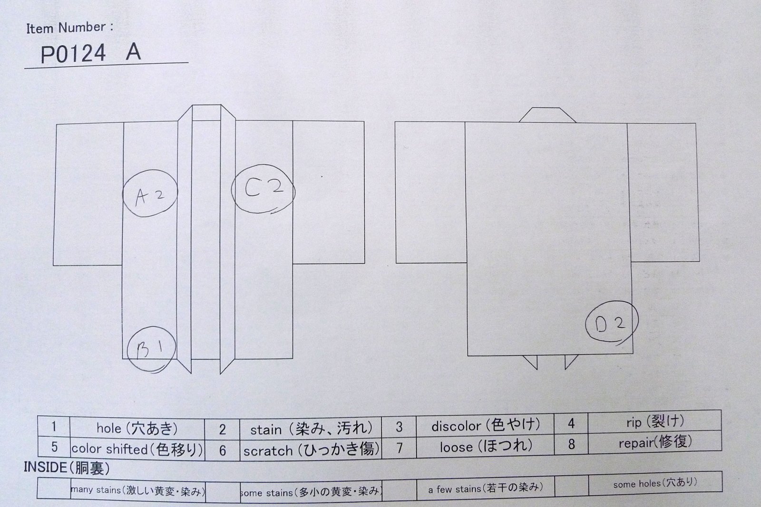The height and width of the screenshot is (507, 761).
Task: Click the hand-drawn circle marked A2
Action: [123, 193]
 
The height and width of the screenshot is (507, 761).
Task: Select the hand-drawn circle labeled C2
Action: [231, 189]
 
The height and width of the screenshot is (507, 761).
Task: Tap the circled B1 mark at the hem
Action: [128, 350]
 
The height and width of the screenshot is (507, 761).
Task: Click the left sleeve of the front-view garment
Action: [88, 194]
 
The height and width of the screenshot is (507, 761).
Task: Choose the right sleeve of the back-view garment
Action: [663, 192]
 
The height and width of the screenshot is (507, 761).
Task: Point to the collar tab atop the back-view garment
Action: [547, 115]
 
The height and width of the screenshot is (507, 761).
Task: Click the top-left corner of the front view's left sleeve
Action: [57, 124]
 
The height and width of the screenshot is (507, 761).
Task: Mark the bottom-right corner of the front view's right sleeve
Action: [364, 263]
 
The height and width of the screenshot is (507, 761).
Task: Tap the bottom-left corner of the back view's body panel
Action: [468, 355]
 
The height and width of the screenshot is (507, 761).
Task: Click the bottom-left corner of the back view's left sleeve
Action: [396, 263]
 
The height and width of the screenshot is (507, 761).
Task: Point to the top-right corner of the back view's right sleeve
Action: [696, 124]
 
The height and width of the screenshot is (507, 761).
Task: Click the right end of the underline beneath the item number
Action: [188, 62]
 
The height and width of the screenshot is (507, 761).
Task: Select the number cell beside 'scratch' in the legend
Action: [222, 450]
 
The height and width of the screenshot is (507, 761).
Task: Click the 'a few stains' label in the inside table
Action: [485, 488]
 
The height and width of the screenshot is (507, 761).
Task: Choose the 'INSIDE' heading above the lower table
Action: [45, 467]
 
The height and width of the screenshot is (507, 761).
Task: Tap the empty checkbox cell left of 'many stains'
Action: [54, 488]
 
